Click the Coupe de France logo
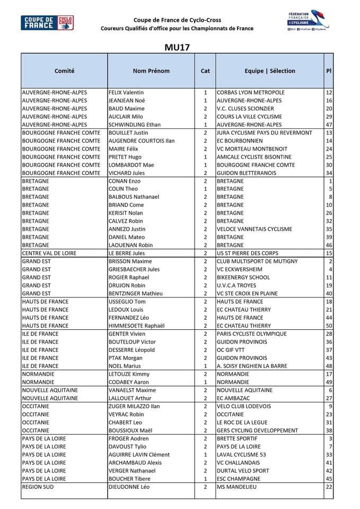[47, 23]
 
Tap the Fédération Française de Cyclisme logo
[308, 21]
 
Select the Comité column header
[64, 71]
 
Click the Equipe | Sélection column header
[270, 71]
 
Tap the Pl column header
[329, 71]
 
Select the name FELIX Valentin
[126, 92]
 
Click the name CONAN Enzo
[124, 181]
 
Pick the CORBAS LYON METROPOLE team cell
[251, 92]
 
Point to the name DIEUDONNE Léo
[129, 487]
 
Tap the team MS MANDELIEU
[240, 487]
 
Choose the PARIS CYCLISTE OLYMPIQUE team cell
[252, 334]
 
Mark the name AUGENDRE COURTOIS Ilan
[142, 141]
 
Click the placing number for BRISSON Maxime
[330, 261]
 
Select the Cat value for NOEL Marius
[205, 366]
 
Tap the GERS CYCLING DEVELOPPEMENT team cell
[258, 431]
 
